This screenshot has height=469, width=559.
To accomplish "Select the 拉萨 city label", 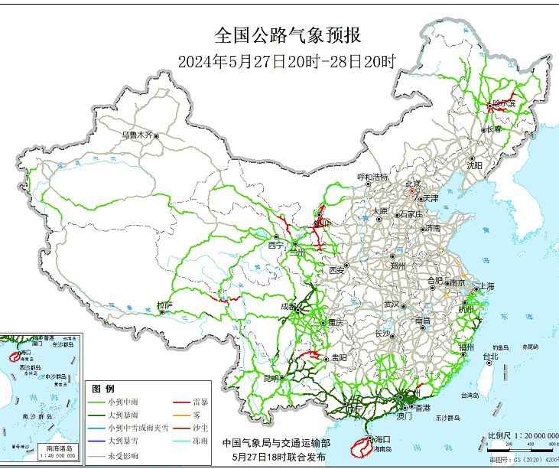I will click(164, 305).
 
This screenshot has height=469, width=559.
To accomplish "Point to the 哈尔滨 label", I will click(505, 103).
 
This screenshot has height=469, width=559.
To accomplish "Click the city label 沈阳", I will click(475, 164).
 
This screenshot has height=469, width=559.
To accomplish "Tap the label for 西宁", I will click(275, 246).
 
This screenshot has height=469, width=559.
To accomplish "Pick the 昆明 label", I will click(271, 378).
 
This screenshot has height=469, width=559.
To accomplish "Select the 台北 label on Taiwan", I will click(490, 356).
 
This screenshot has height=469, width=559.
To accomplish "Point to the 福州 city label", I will click(466, 347).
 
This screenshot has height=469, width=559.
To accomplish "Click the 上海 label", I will click(487, 287).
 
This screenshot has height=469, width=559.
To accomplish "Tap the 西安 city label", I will click(337, 270).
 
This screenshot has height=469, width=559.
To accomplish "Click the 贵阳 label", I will click(340, 357).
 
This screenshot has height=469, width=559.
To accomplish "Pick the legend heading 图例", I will click(103, 389).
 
